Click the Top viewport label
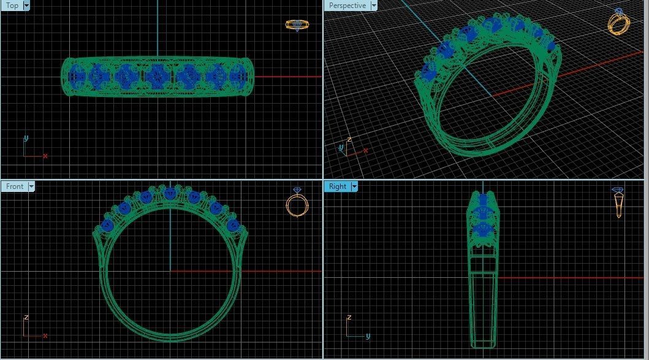point(12,6)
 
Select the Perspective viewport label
point(347,6)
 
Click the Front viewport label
point(14,186)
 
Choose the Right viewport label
point(337,186)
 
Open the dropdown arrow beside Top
point(26,6)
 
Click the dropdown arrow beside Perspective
point(373,6)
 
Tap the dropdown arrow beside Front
point(31,186)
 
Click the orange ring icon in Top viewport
point(297,25)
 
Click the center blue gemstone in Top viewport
point(156,76)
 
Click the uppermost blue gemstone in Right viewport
point(483,201)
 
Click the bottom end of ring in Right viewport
point(483,343)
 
